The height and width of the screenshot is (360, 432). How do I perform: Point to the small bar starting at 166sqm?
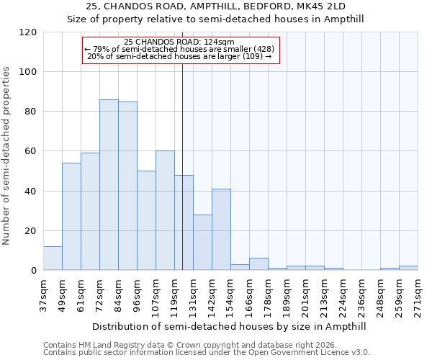pos(258,264)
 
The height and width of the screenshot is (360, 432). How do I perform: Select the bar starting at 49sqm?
pos(71,217)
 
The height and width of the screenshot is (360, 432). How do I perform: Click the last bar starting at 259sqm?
pos(408,268)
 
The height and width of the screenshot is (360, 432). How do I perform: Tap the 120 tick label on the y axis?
pos(28,32)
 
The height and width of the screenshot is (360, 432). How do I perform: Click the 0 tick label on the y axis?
pos(33,271)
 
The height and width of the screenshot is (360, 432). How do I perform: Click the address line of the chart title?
pos(216,6)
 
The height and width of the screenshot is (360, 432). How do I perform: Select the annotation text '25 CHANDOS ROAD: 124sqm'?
pos(179,42)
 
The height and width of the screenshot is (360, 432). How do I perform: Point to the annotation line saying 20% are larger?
pos(179,56)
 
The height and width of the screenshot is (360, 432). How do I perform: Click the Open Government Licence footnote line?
pos(207,352)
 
